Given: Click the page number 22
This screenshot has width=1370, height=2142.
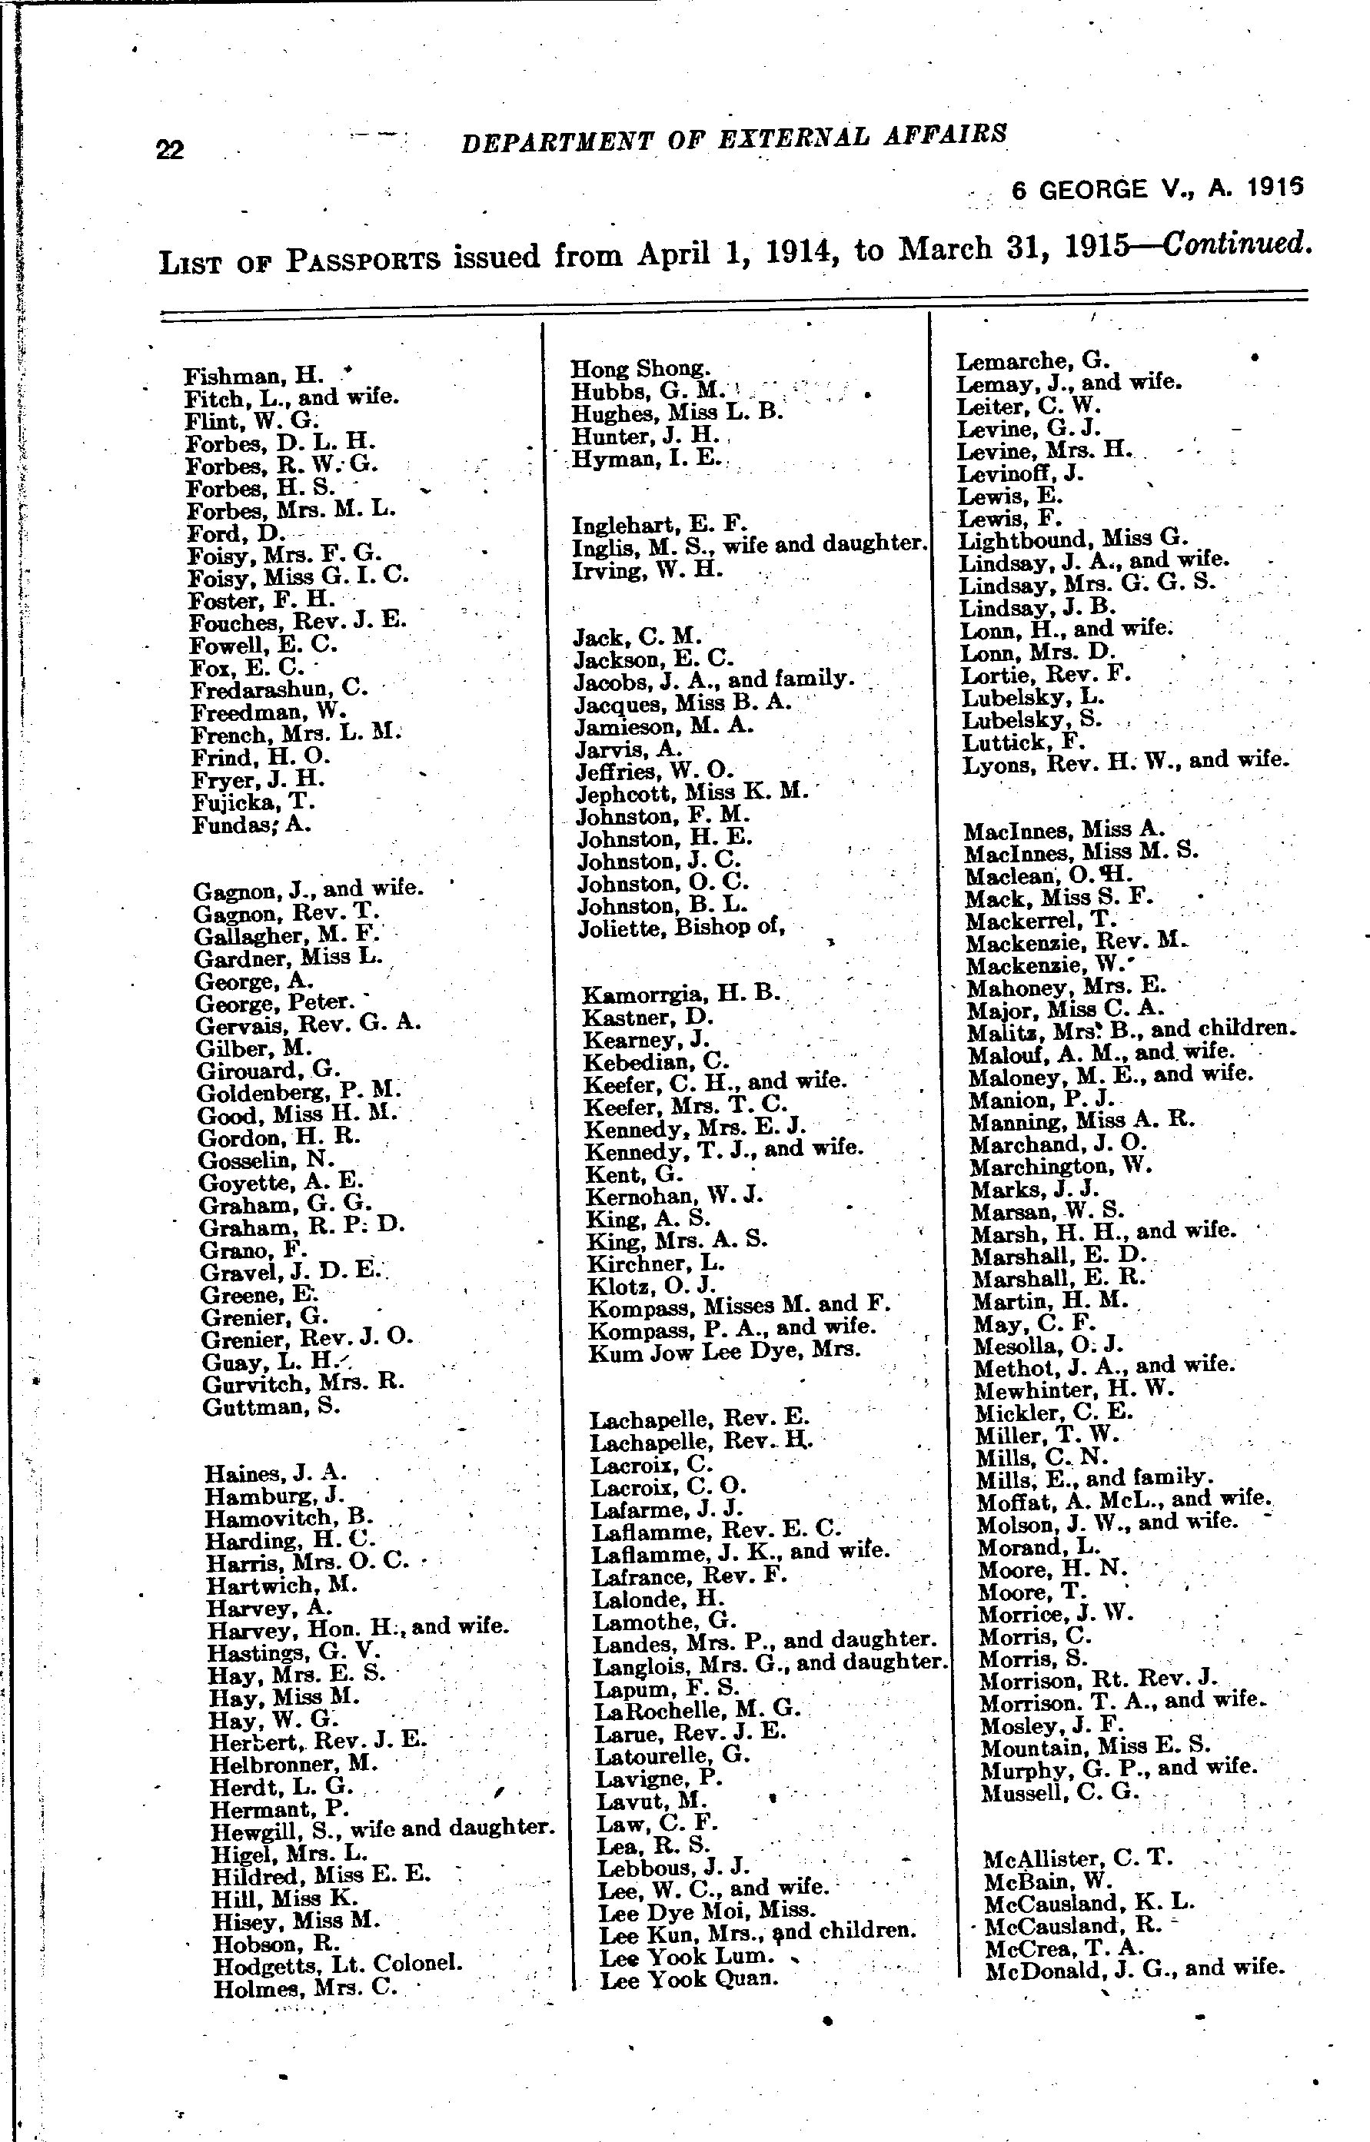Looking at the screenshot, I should point(170,148).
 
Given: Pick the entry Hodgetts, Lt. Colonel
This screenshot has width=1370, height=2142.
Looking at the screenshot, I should point(338,1961).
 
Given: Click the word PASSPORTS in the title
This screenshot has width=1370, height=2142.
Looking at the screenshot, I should point(364,260).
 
